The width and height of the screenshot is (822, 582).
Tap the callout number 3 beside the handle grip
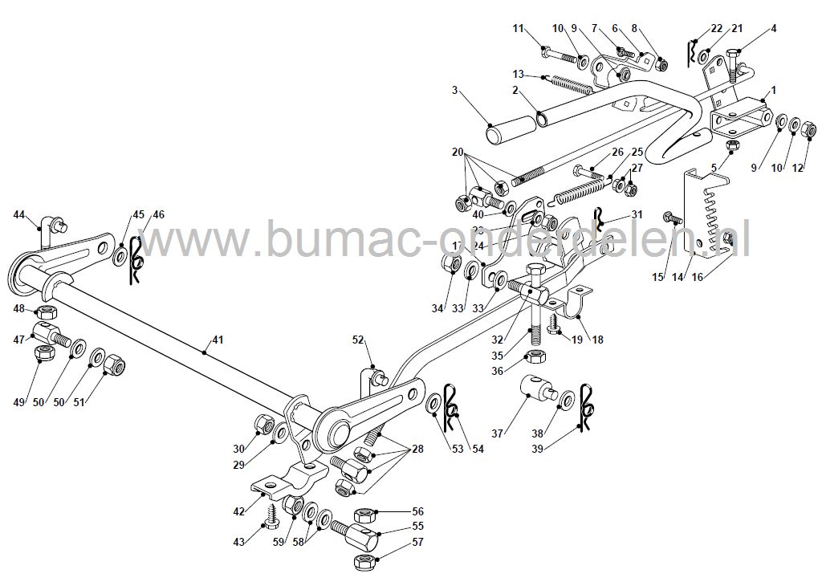click(x=455, y=91)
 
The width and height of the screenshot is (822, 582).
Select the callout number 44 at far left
click(x=20, y=214)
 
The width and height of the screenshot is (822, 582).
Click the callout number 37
click(x=498, y=433)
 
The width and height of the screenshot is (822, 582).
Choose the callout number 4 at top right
click(x=773, y=29)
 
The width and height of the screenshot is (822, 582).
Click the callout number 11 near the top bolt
click(x=519, y=29)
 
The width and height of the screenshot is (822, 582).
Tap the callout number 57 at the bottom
click(x=417, y=541)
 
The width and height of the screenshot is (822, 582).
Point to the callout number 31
click(x=637, y=214)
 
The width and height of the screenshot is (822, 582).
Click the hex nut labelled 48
click(x=47, y=310)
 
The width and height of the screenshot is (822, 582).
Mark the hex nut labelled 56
click(x=362, y=512)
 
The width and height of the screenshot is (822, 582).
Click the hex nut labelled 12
click(x=810, y=127)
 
